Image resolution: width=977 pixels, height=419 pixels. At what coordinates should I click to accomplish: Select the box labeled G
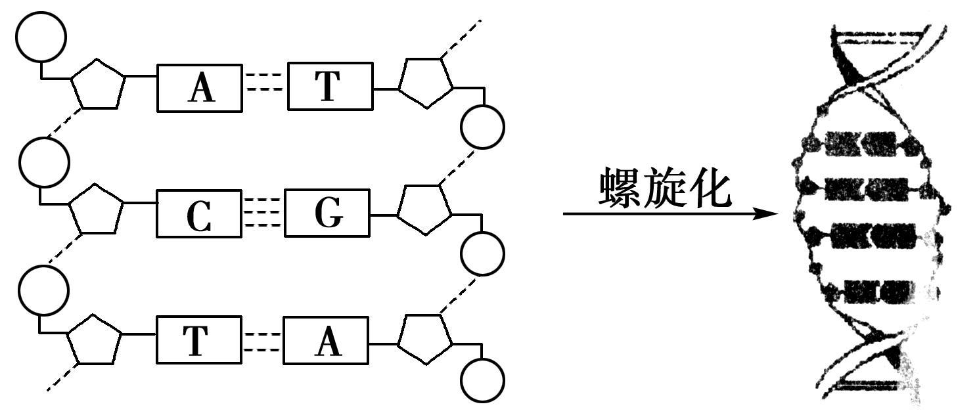[327, 213]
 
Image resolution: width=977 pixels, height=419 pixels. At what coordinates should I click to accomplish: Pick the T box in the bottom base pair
[198, 340]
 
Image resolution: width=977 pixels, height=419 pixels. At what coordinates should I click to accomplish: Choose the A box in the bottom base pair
[326, 340]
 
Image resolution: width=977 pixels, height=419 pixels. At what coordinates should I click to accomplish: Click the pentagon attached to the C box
[97, 210]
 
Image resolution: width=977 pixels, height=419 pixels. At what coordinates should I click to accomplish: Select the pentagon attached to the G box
[424, 208]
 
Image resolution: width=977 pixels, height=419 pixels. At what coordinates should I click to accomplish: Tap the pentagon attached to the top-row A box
[99, 84]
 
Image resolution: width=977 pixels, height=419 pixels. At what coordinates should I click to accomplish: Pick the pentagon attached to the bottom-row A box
[425, 337]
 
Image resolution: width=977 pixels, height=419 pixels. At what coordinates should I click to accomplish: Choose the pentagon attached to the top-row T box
[426, 81]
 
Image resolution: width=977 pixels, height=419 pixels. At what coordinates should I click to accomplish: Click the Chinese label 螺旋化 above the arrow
[664, 188]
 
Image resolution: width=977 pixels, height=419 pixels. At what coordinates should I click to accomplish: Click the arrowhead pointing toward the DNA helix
[766, 214]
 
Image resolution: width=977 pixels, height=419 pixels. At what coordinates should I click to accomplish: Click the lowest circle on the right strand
[483, 380]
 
